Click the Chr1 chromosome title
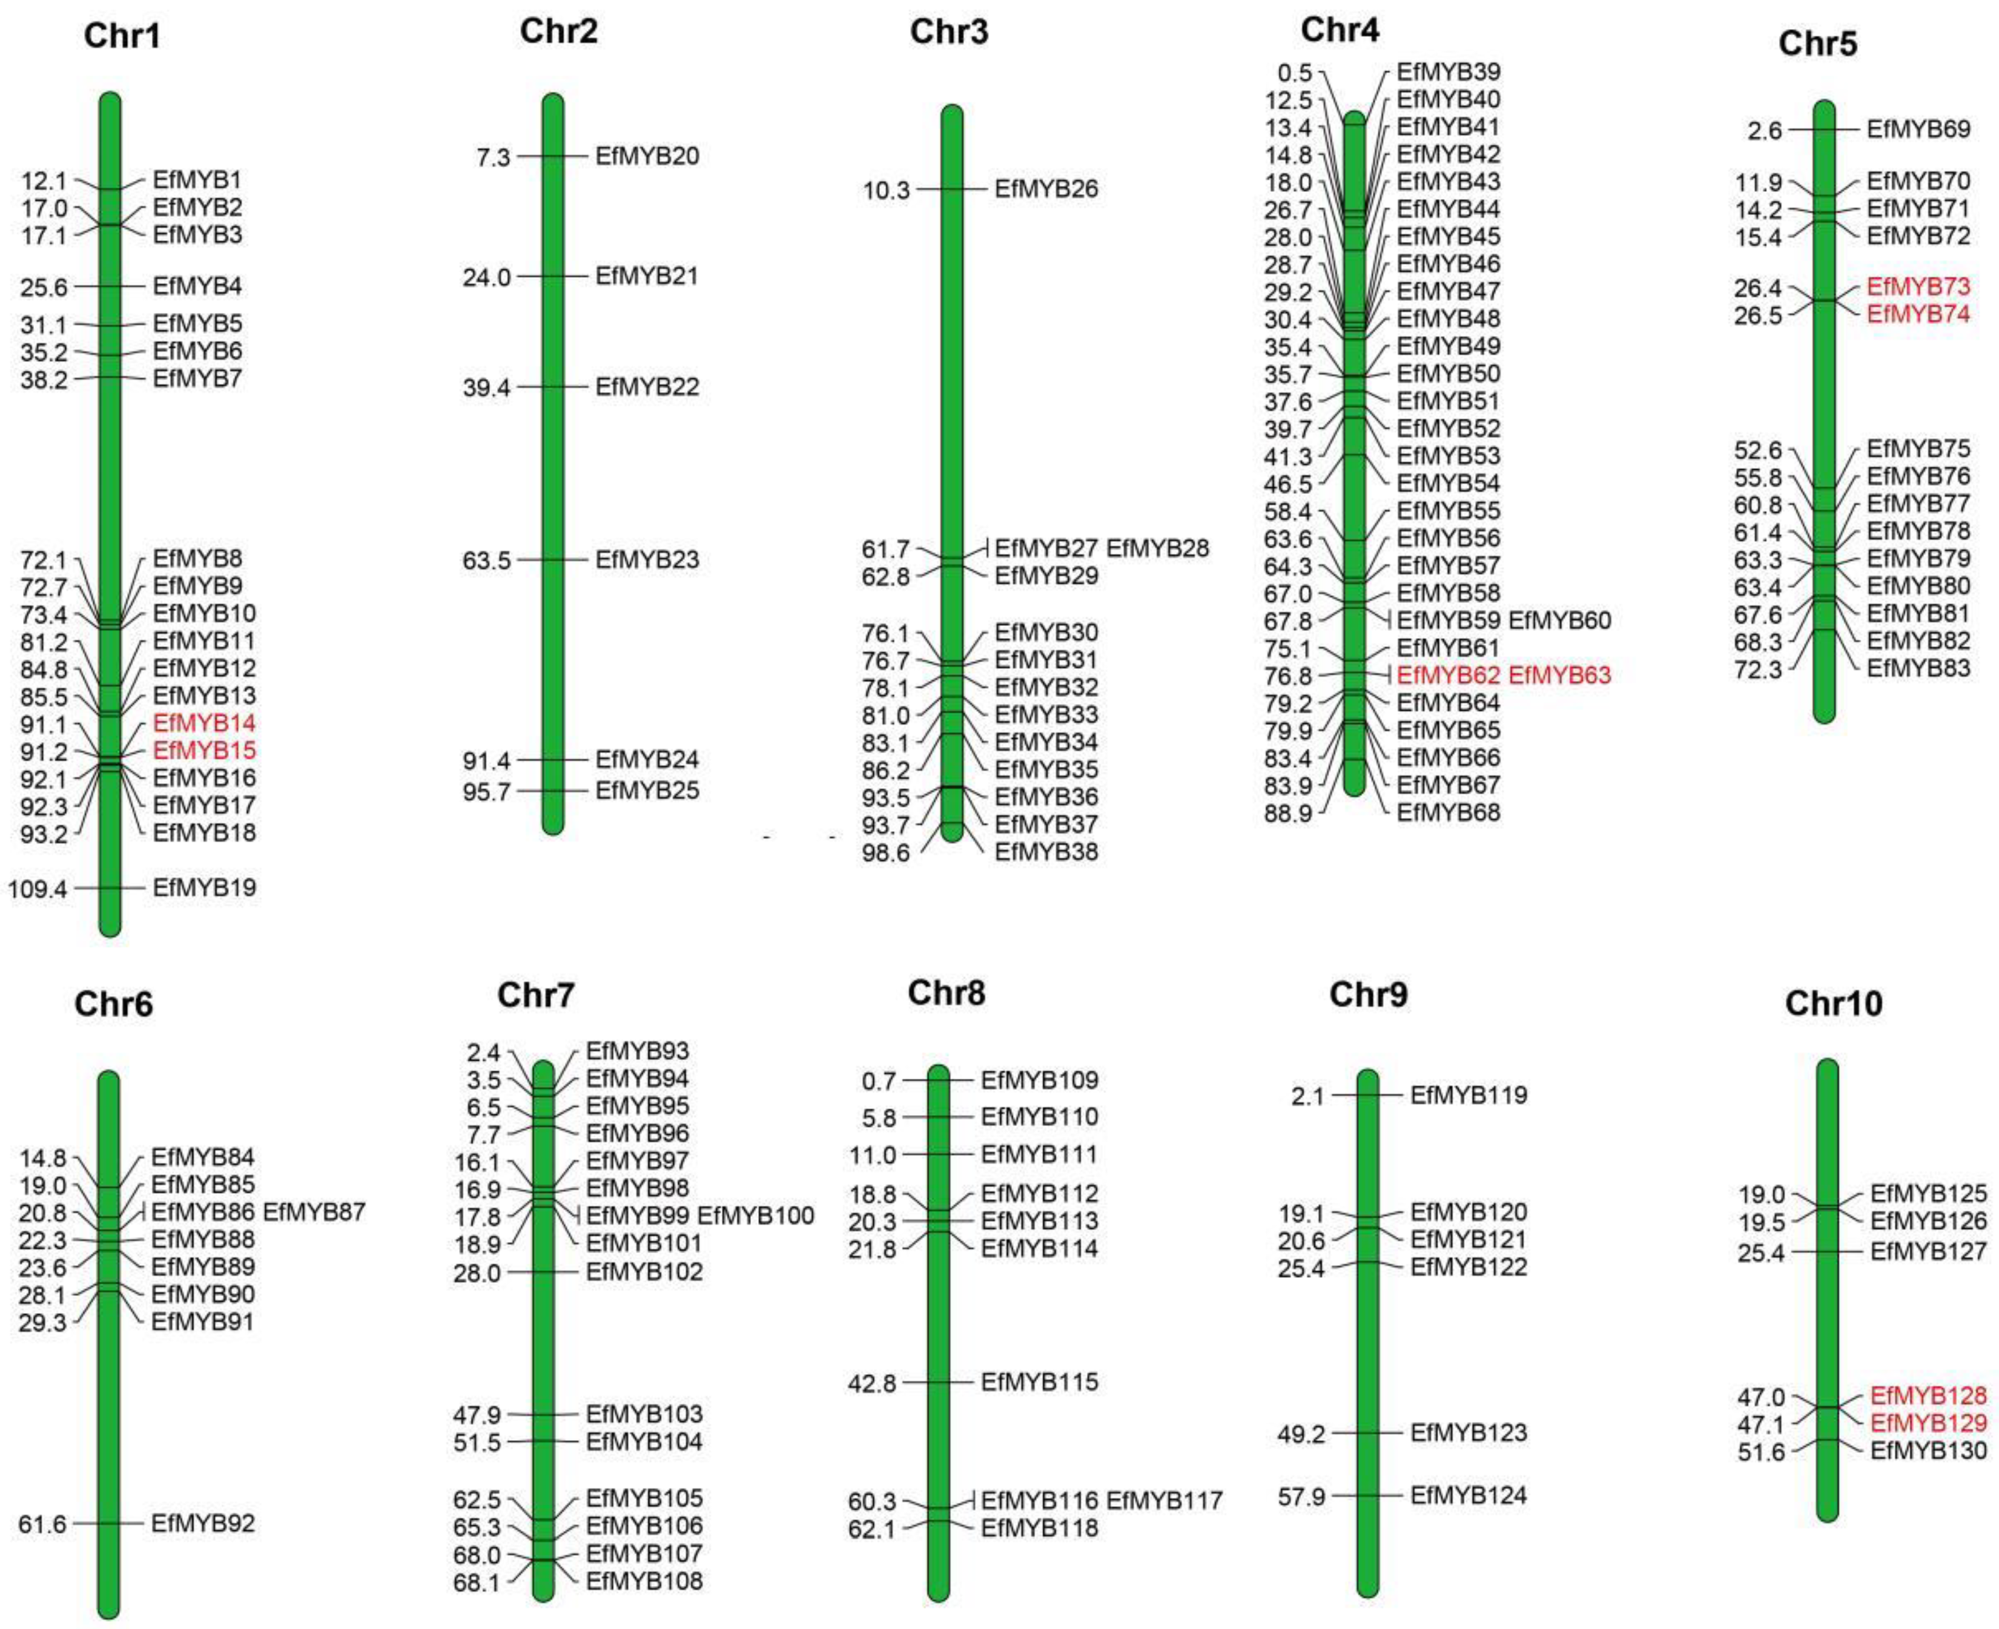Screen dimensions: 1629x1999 point(122,36)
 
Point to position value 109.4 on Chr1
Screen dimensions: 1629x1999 point(39,889)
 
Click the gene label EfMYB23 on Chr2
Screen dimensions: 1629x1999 point(647,560)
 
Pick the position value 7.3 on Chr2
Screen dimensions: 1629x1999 point(493,157)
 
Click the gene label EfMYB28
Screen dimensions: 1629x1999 point(1157,548)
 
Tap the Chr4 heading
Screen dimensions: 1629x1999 point(1340,30)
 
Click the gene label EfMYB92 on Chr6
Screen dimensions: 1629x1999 point(203,1523)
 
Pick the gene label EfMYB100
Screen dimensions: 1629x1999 point(756,1216)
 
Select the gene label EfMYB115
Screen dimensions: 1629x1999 point(1039,1382)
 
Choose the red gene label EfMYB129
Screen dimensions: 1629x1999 point(1928,1424)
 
